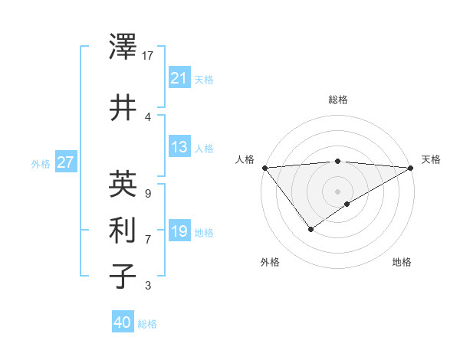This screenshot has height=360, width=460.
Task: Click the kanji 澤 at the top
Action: click(123, 47)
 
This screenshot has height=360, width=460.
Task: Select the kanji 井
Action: click(123, 108)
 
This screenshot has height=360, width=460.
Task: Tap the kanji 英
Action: click(123, 184)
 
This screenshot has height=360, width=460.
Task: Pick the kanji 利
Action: click(123, 231)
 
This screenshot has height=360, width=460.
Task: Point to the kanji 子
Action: click(123, 276)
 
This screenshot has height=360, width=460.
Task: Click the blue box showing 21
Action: click(179, 77)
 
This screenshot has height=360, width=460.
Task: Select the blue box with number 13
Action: click(179, 147)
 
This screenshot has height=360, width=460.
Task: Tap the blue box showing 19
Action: click(179, 231)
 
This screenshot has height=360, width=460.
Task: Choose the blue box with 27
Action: click(65, 162)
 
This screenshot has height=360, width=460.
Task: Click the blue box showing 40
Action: click(123, 322)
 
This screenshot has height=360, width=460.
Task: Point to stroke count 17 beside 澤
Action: click(148, 55)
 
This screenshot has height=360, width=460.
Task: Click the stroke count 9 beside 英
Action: click(147, 193)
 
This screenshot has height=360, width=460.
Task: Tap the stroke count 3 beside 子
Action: click(147, 286)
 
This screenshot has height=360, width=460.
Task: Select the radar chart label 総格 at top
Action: click(338, 100)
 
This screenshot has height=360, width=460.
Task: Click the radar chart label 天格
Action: click(431, 159)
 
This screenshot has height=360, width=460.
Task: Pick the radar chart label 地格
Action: click(402, 262)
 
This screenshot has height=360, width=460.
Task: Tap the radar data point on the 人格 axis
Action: click(264, 168)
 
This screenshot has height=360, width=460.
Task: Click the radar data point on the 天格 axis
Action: click(411, 168)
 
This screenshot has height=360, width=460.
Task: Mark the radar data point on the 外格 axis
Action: click(310, 229)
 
